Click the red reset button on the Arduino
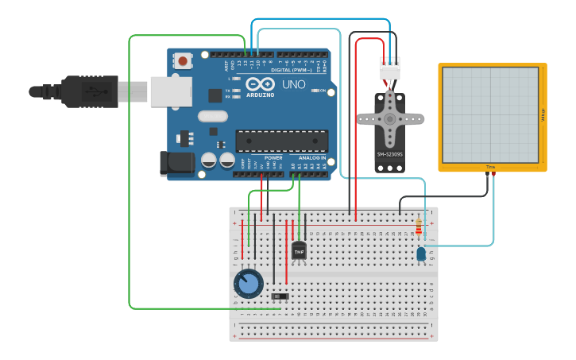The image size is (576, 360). [x=184, y=60]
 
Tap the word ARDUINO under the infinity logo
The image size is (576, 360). [x=260, y=95]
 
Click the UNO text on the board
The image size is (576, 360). [x=293, y=84]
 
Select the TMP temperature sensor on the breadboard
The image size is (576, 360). [x=299, y=250]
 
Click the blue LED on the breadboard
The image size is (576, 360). [x=420, y=254]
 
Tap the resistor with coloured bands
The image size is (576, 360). [x=419, y=229]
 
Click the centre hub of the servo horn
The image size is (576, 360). [x=389, y=118]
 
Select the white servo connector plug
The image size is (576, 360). [x=390, y=72]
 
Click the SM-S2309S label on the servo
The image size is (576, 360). [x=389, y=154]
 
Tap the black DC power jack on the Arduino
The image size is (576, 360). [x=176, y=164]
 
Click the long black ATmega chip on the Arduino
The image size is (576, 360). [x=281, y=141]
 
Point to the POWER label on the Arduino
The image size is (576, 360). [x=273, y=157]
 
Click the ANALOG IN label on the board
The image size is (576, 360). [x=312, y=157]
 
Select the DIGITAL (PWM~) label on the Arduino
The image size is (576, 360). [x=288, y=70]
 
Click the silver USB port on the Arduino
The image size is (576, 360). [x=170, y=91]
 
